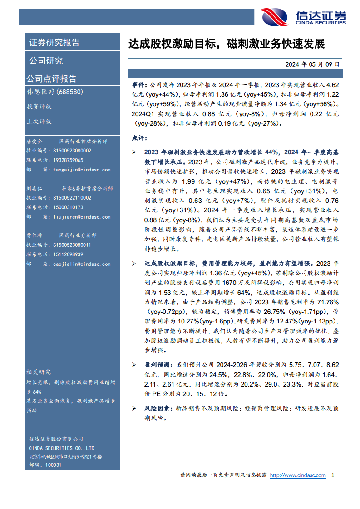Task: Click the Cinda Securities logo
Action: [303, 17]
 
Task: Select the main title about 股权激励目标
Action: [227, 44]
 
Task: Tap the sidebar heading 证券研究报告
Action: [54, 43]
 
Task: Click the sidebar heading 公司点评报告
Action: [51, 78]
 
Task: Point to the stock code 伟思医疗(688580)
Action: [54, 92]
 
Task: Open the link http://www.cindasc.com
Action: [298, 475]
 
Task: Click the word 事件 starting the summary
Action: [139, 85]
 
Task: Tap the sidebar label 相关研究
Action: [39, 372]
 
